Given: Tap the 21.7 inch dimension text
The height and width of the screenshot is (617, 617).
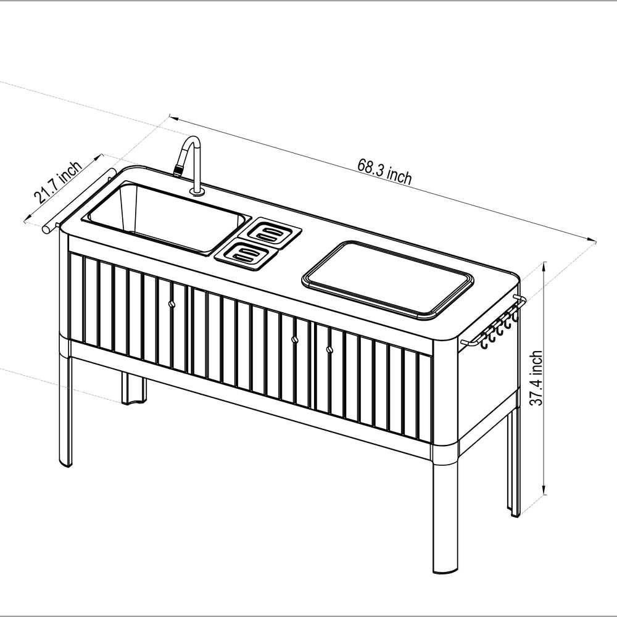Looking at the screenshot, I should point(57,183).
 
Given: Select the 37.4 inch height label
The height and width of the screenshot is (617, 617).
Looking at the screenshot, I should point(537,378).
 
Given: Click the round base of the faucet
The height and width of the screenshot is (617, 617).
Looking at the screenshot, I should point(197,193).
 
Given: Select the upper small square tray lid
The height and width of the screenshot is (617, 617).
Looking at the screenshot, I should point(270,233).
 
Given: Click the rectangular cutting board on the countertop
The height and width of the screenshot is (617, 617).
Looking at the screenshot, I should point(387,279).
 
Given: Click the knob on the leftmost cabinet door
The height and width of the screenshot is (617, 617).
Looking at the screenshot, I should point(171,303).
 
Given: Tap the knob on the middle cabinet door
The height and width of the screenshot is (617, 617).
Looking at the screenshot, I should point(294,339).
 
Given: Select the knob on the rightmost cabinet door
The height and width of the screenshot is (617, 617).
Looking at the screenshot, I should point(328,349).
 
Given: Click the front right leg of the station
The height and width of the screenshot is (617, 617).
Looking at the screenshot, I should point(445,518).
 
